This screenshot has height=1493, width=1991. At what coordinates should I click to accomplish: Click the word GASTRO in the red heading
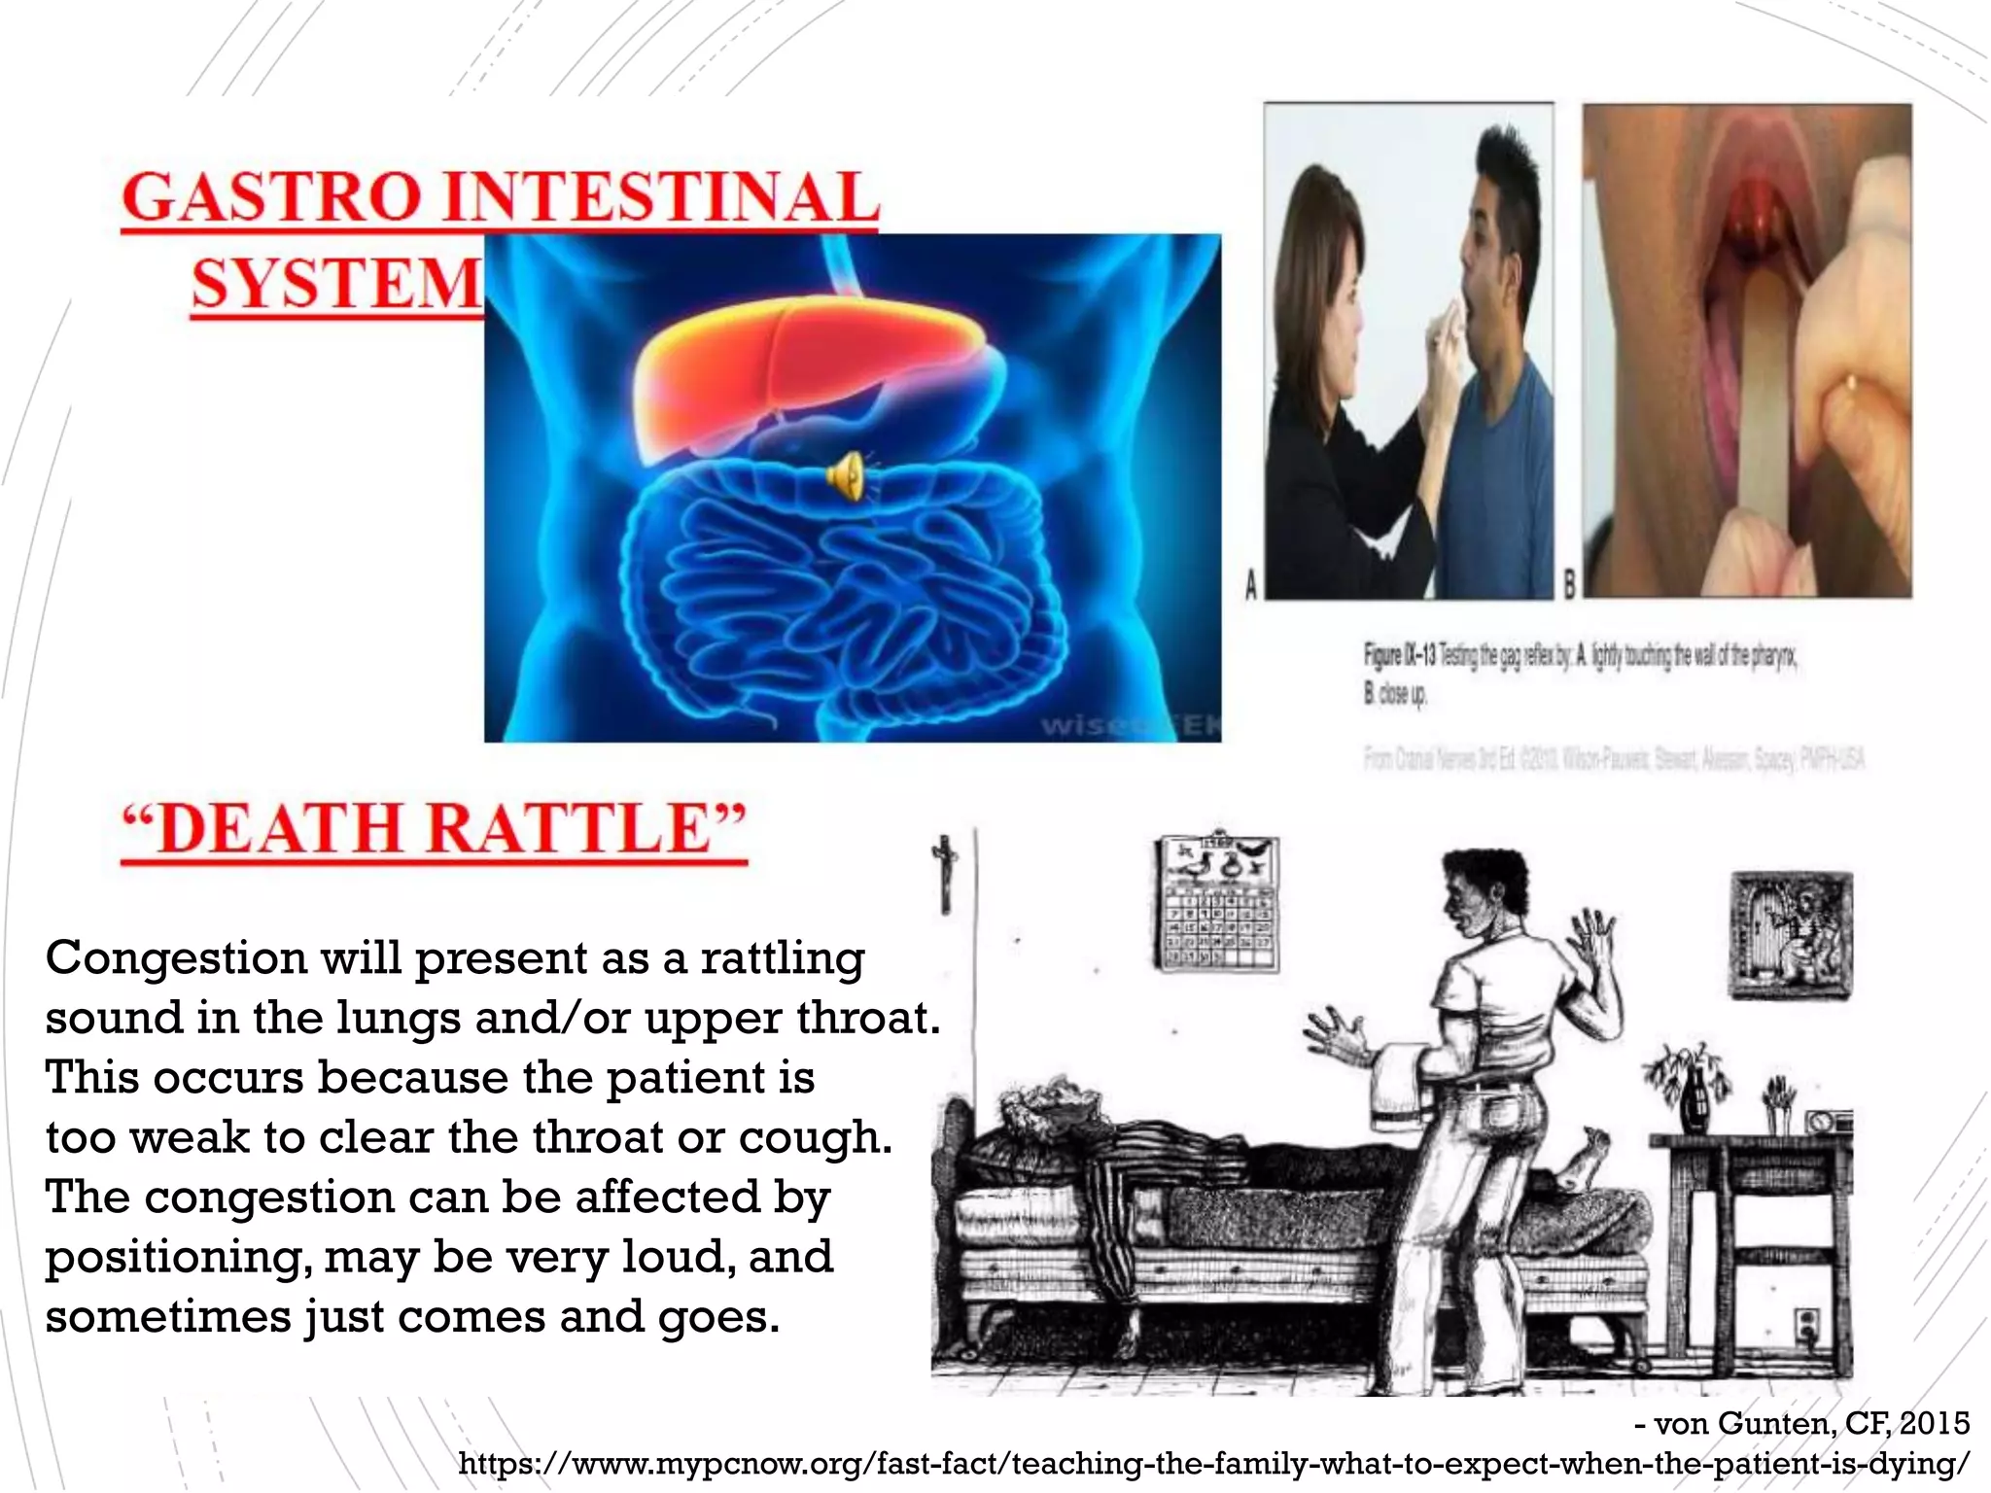click(x=274, y=197)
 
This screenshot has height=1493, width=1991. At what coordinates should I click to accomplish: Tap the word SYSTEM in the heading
click(x=336, y=284)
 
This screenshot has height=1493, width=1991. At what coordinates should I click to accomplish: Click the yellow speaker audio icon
click(x=845, y=476)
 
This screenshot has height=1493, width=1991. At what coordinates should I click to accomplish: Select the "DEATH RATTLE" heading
click(x=434, y=829)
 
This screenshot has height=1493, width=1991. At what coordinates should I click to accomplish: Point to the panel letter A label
click(x=1251, y=585)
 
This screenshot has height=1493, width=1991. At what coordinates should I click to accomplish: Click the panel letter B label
click(x=1568, y=585)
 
